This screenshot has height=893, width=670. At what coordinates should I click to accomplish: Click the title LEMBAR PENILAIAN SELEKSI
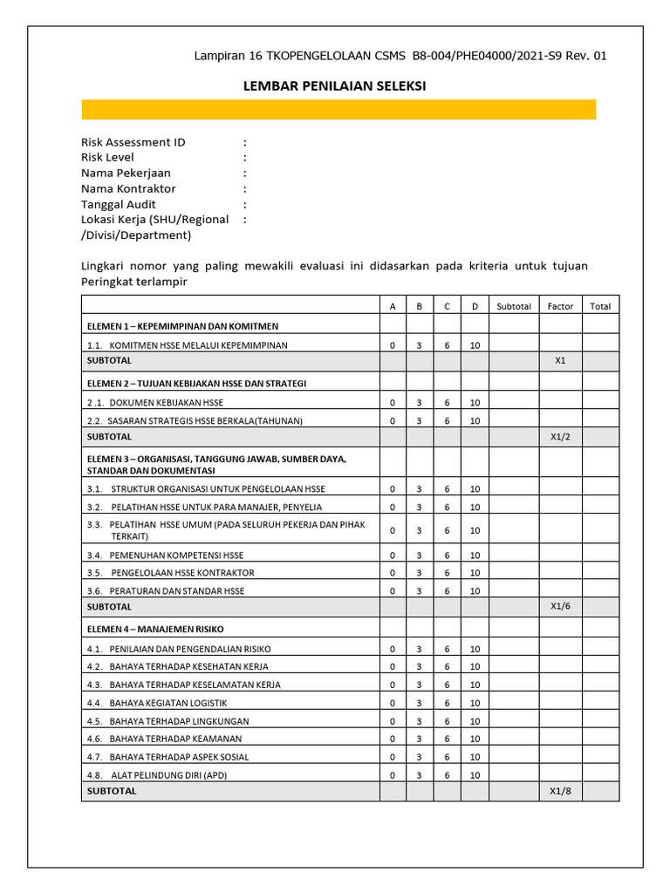tap(333, 86)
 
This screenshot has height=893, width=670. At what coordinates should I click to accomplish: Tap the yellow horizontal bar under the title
tap(338, 109)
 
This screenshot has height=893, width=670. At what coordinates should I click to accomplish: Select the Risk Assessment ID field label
tap(133, 142)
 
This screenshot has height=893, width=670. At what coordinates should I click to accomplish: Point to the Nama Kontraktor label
tap(128, 188)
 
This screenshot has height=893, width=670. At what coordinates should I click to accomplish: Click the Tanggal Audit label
tap(119, 204)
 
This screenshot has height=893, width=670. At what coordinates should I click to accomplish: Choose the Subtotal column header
tap(513, 306)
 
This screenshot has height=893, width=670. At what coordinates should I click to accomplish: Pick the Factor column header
tap(560, 306)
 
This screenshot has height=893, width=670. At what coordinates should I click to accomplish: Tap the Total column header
tap(600, 306)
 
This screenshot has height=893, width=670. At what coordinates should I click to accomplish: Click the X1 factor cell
tap(560, 359)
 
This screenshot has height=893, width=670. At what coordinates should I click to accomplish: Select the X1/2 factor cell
tap(560, 436)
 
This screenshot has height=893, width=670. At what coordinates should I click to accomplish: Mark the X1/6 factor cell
tap(560, 606)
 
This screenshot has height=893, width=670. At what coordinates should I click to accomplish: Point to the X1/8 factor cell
tap(560, 791)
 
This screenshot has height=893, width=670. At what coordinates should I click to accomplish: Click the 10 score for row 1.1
tap(475, 345)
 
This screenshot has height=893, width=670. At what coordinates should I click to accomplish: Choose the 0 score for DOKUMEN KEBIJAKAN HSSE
tap(393, 403)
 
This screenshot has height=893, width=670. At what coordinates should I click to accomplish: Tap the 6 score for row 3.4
tap(447, 556)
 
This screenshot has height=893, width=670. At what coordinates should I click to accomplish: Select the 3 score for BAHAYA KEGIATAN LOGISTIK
tap(419, 703)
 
